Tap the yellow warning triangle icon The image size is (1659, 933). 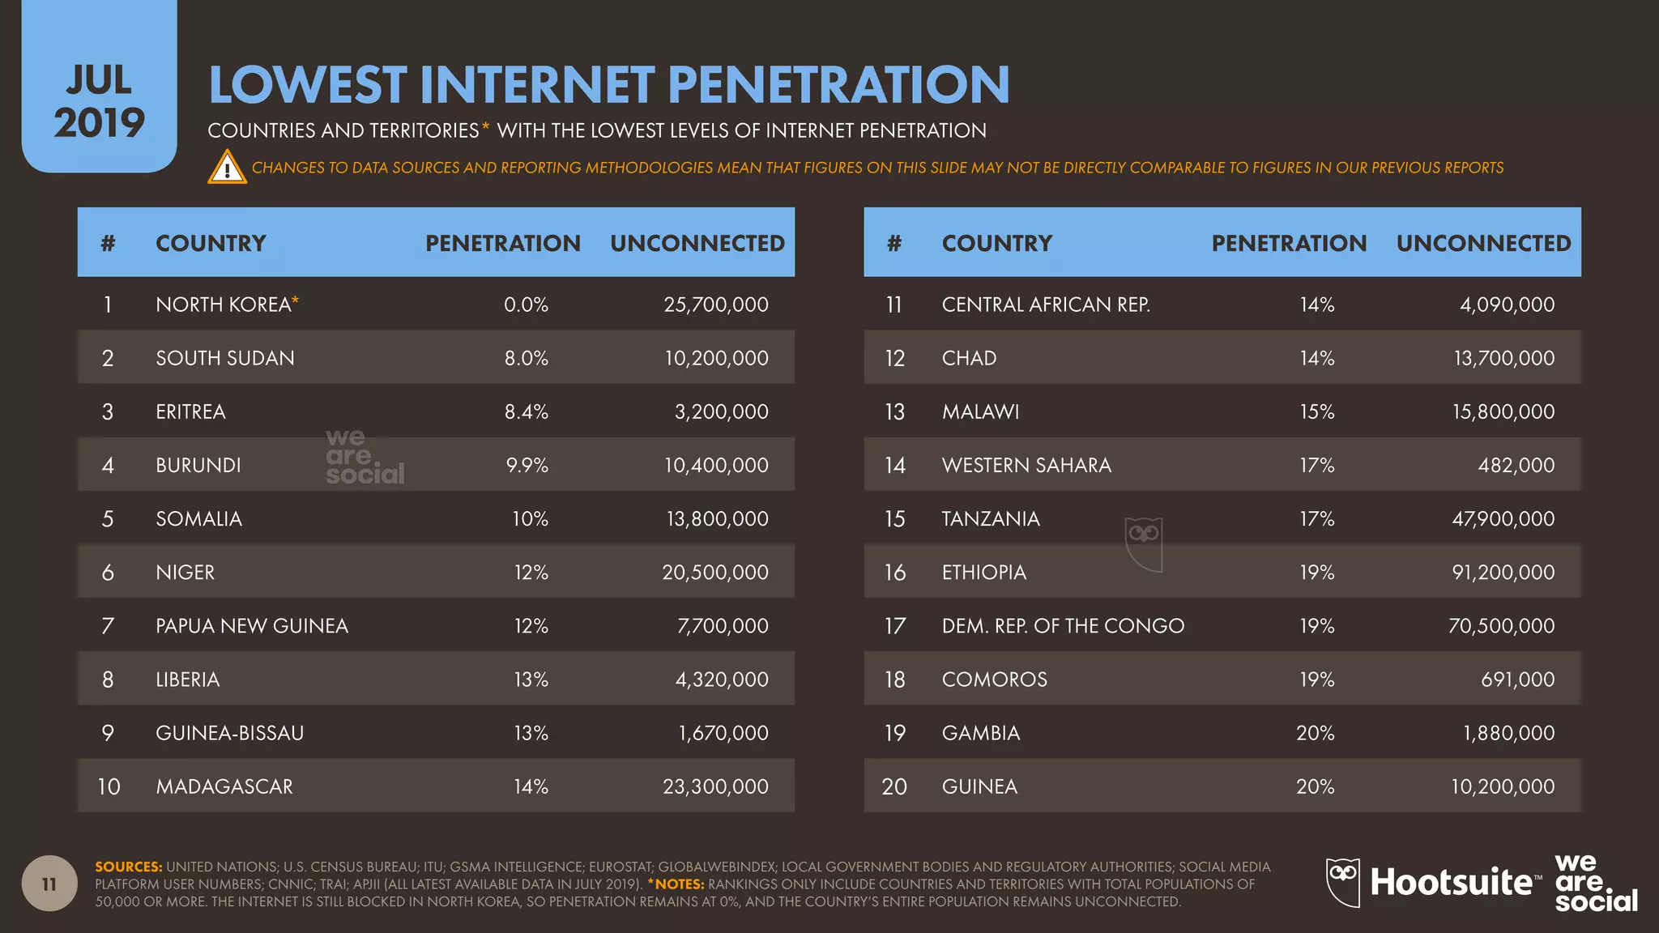point(228,168)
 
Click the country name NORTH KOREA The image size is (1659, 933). point(224,305)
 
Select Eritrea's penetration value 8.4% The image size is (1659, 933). point(527,411)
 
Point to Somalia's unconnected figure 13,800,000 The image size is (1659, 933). point(717,518)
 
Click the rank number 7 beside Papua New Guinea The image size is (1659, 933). point(108,625)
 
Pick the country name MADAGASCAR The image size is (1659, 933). point(224,786)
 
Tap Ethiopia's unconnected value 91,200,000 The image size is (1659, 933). point(1503,572)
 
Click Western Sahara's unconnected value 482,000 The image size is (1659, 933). point(1516,465)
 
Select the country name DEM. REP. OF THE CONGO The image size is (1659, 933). point(1063,625)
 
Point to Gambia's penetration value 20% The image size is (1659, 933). point(1315,733)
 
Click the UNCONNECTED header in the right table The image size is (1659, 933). point(1483,243)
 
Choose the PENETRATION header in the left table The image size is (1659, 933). point(503,243)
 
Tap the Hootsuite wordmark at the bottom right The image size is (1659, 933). point(1450,882)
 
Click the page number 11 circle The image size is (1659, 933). point(49,884)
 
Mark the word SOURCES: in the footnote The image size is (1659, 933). point(129,867)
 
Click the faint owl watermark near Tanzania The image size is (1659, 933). point(1144,543)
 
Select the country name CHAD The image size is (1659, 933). point(969,358)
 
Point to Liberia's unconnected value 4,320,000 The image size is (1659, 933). point(722,680)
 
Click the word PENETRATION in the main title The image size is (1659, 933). point(838,85)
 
